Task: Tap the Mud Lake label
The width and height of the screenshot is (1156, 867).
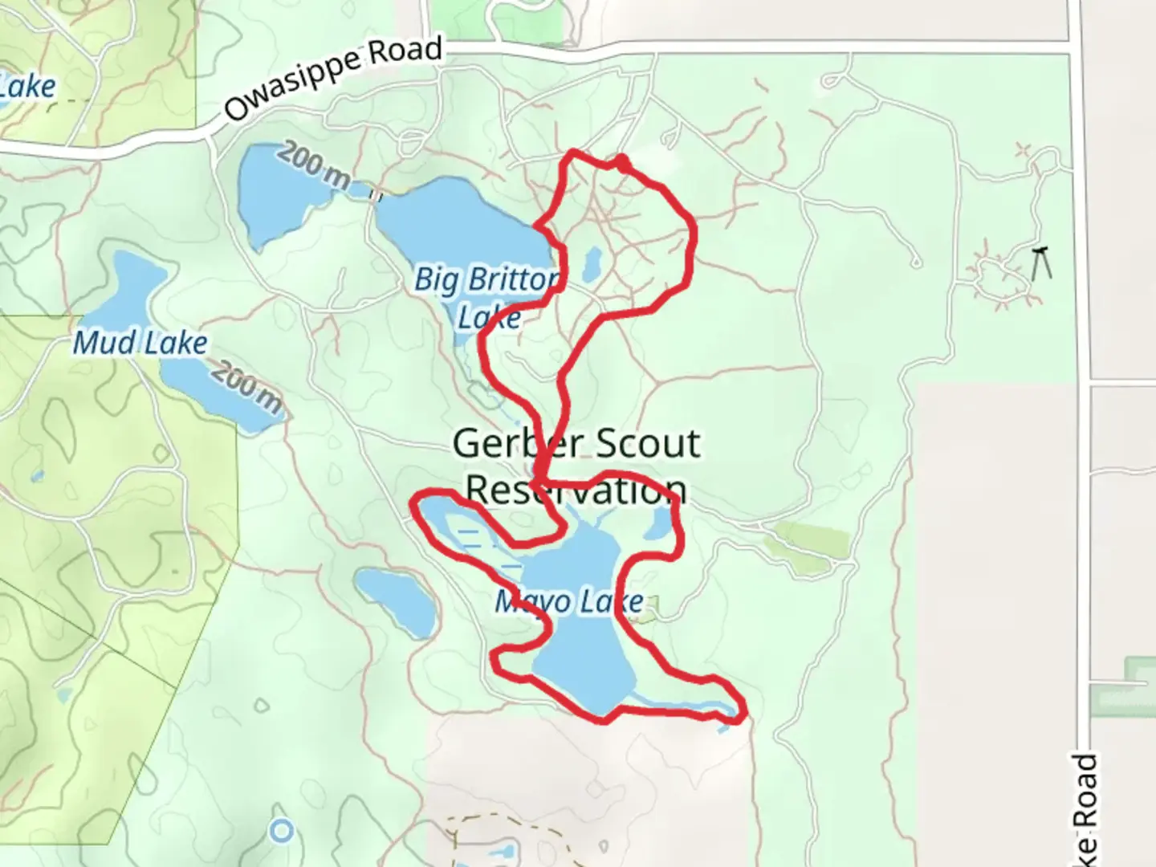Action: point(140,344)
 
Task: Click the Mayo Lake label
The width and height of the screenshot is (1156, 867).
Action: point(569,601)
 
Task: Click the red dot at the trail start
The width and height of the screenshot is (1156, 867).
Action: point(622,163)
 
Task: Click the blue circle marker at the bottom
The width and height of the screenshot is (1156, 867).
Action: point(281,831)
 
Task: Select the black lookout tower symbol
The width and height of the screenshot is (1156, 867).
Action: point(1042,263)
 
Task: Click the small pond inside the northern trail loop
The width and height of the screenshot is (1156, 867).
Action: point(592,264)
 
